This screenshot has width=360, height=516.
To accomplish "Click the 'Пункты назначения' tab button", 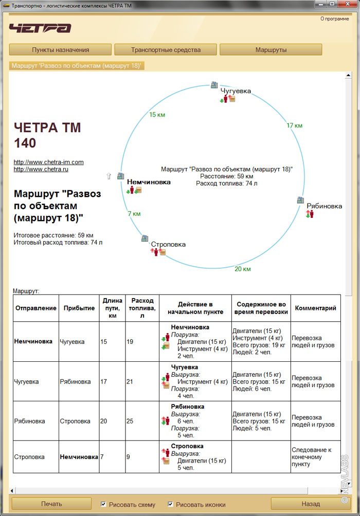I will (60, 50).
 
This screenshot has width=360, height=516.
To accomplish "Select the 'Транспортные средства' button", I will (166, 50).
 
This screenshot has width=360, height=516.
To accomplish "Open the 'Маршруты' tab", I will (271, 50).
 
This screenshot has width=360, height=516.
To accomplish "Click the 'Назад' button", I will (310, 504).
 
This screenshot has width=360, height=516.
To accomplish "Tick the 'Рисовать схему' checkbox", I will (104, 504).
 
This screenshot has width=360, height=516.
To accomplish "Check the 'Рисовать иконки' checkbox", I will (171, 504).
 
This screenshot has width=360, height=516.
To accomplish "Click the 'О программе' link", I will (334, 19).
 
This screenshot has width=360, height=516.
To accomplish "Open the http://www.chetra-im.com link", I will (48, 162).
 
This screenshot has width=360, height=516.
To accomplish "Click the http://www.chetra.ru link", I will (41, 169).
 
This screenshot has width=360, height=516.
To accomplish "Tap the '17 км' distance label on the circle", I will (294, 125).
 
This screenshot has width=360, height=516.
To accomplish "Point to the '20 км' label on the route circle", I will (242, 269).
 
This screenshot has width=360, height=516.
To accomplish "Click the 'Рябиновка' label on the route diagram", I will (324, 206).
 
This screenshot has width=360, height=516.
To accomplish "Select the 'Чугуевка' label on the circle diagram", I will (236, 91).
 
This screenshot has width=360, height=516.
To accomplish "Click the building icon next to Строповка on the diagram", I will (146, 238).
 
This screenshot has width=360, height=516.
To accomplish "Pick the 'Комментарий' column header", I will (315, 308).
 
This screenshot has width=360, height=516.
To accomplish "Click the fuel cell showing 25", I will (130, 421).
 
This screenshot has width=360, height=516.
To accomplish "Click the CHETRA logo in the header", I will (40, 28).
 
